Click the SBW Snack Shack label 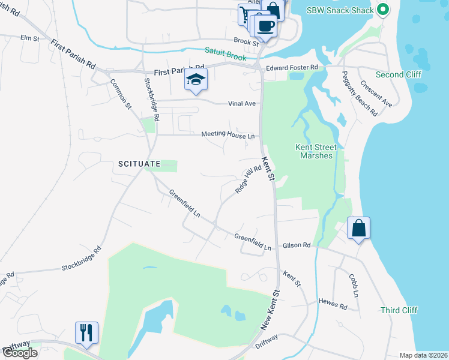pyautogui.click(x=340, y=10)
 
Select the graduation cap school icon pyautogui.click(x=196, y=79)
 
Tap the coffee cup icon pyautogui.click(x=266, y=26)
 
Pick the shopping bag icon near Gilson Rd pyautogui.click(x=358, y=229)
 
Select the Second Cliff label pyautogui.click(x=399, y=74)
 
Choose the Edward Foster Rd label pyautogui.click(x=292, y=69)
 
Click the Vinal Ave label pyautogui.click(x=242, y=103)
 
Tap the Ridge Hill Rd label pyautogui.click(x=249, y=179)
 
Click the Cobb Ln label pyautogui.click(x=353, y=286)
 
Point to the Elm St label pyautogui.click(x=29, y=38)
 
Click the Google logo pyautogui.click(x=20, y=353)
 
